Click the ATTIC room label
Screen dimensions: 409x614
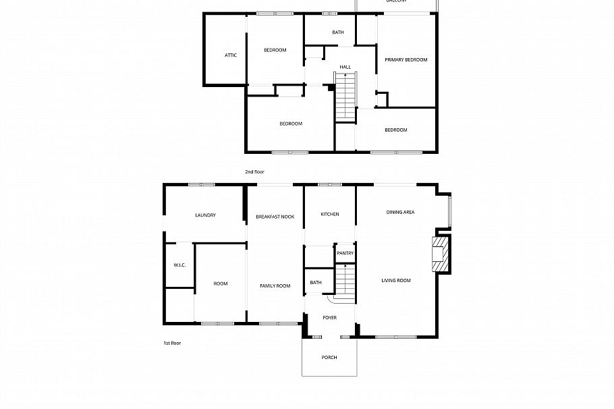point(231,55)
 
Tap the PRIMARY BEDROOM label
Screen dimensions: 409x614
point(406,60)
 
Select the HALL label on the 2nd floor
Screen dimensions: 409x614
point(345,67)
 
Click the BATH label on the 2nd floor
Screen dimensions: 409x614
point(338,32)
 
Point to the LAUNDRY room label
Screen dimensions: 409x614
point(205,215)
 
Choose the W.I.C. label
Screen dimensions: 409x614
point(179,265)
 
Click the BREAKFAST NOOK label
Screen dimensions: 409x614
point(275,217)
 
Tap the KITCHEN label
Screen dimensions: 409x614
point(330,214)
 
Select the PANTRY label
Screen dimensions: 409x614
point(345,253)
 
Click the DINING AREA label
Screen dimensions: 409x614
point(400,212)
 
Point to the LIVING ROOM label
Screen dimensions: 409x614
point(396,280)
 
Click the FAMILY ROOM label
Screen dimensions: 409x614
point(275,286)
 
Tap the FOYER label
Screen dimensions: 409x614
point(330,317)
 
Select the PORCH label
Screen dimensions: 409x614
point(329,358)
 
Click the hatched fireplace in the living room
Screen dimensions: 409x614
point(441,254)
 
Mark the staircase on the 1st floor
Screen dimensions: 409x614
point(345,280)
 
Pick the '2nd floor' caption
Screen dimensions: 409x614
point(254,172)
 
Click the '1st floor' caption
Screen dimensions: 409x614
point(172,343)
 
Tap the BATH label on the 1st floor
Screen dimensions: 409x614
point(315,283)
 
